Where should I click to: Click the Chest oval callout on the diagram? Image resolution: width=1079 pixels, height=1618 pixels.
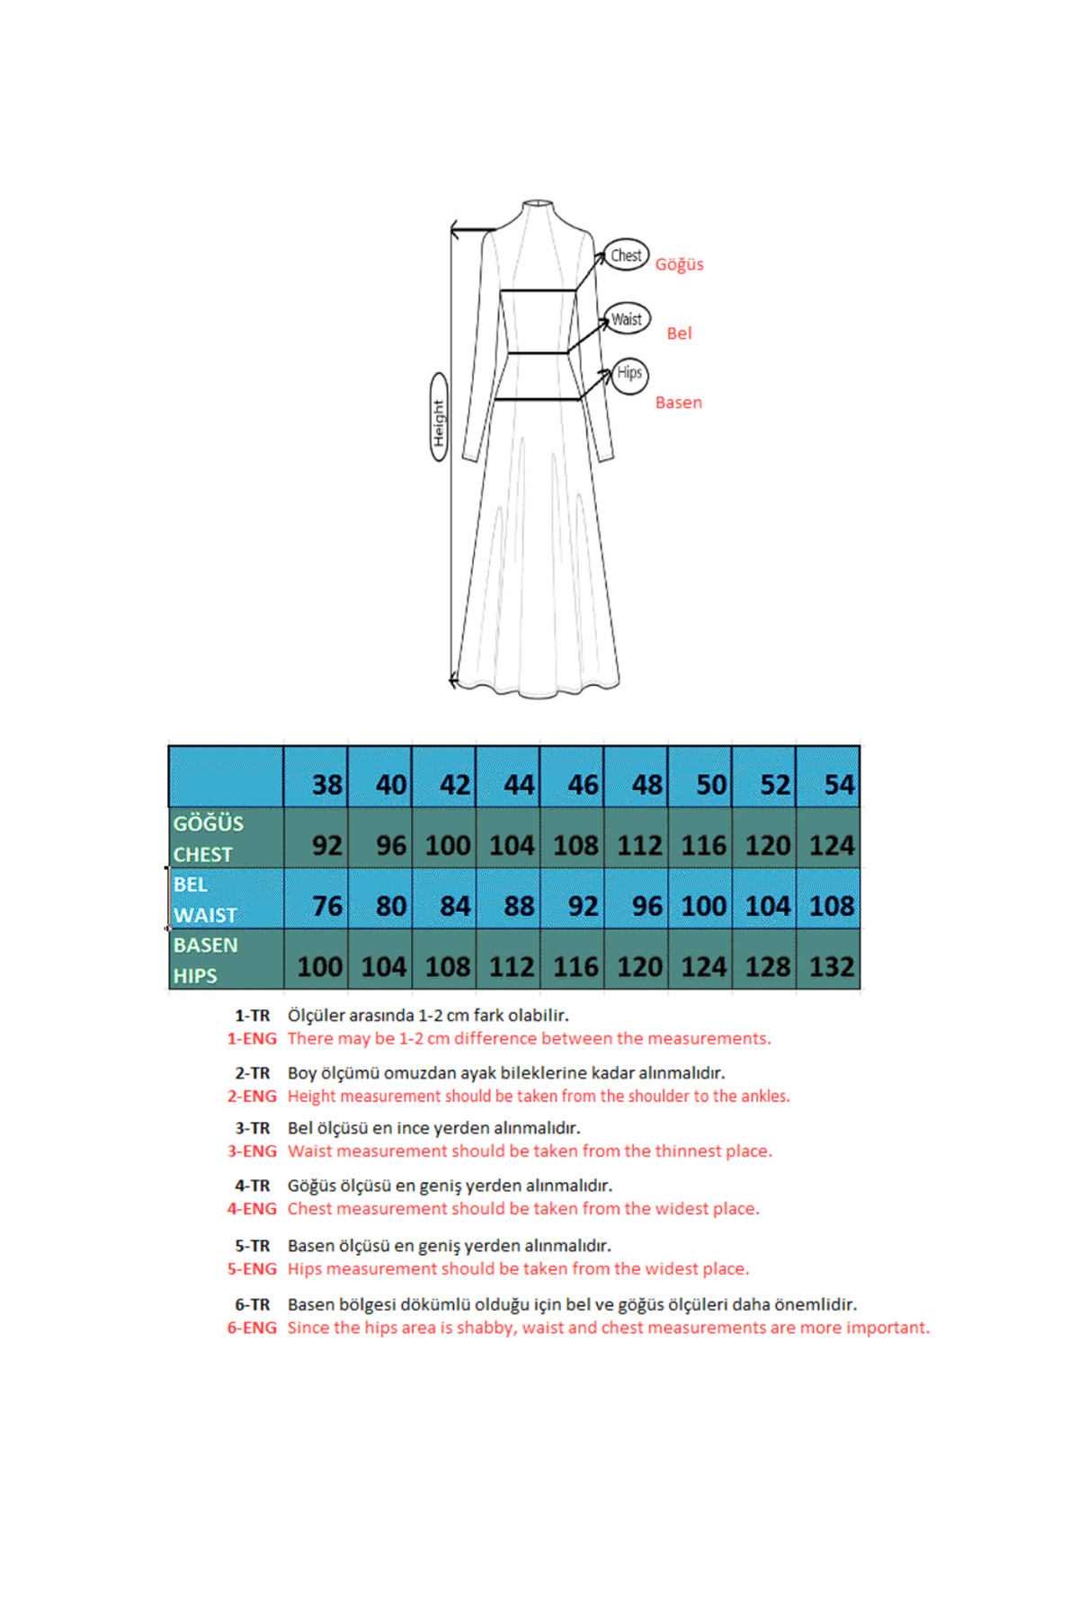coord(626,255)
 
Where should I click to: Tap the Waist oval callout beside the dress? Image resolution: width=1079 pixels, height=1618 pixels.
coord(627,319)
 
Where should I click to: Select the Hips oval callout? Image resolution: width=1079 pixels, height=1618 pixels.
coord(629,373)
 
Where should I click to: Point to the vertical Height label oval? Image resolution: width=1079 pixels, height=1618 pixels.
coord(439,417)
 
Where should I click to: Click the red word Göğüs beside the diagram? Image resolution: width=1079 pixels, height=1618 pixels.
coord(679,264)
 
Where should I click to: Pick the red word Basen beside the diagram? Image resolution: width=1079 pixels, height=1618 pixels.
coord(678,403)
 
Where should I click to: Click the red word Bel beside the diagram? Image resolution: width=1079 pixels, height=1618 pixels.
coord(679,333)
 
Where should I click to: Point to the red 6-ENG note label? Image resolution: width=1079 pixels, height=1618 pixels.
coord(252,1328)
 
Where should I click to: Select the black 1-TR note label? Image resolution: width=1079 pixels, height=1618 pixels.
coord(253,1016)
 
